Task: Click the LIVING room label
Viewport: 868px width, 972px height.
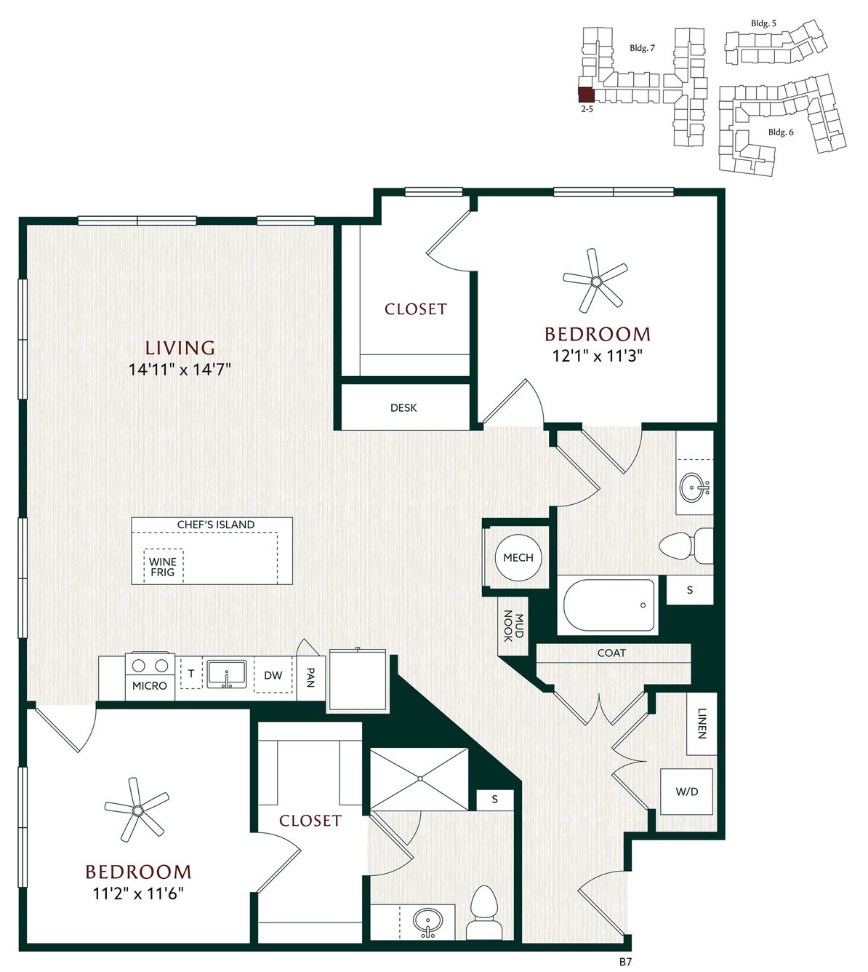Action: click(180, 348)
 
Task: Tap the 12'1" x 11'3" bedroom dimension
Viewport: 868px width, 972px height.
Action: click(597, 356)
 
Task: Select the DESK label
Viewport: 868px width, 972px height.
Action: click(403, 408)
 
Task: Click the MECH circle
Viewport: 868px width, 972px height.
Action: click(518, 557)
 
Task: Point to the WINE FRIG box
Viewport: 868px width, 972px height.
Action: click(164, 566)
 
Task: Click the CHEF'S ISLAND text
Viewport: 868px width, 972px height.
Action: click(216, 525)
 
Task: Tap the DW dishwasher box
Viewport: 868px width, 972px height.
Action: click(273, 675)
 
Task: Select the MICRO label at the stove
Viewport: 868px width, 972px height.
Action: click(150, 686)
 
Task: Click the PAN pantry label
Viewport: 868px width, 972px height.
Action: click(310, 677)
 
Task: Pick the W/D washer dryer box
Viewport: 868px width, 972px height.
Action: click(686, 792)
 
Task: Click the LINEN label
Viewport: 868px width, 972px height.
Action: click(702, 723)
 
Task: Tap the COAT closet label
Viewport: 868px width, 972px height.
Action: click(611, 653)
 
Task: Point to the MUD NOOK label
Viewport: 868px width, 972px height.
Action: click(513, 626)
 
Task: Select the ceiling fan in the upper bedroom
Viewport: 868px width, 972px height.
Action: click(595, 281)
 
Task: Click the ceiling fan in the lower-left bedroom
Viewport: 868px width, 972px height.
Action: click(137, 810)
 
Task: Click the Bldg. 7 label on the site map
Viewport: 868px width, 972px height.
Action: click(642, 48)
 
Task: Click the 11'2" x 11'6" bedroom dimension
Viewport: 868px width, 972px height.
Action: click(139, 894)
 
